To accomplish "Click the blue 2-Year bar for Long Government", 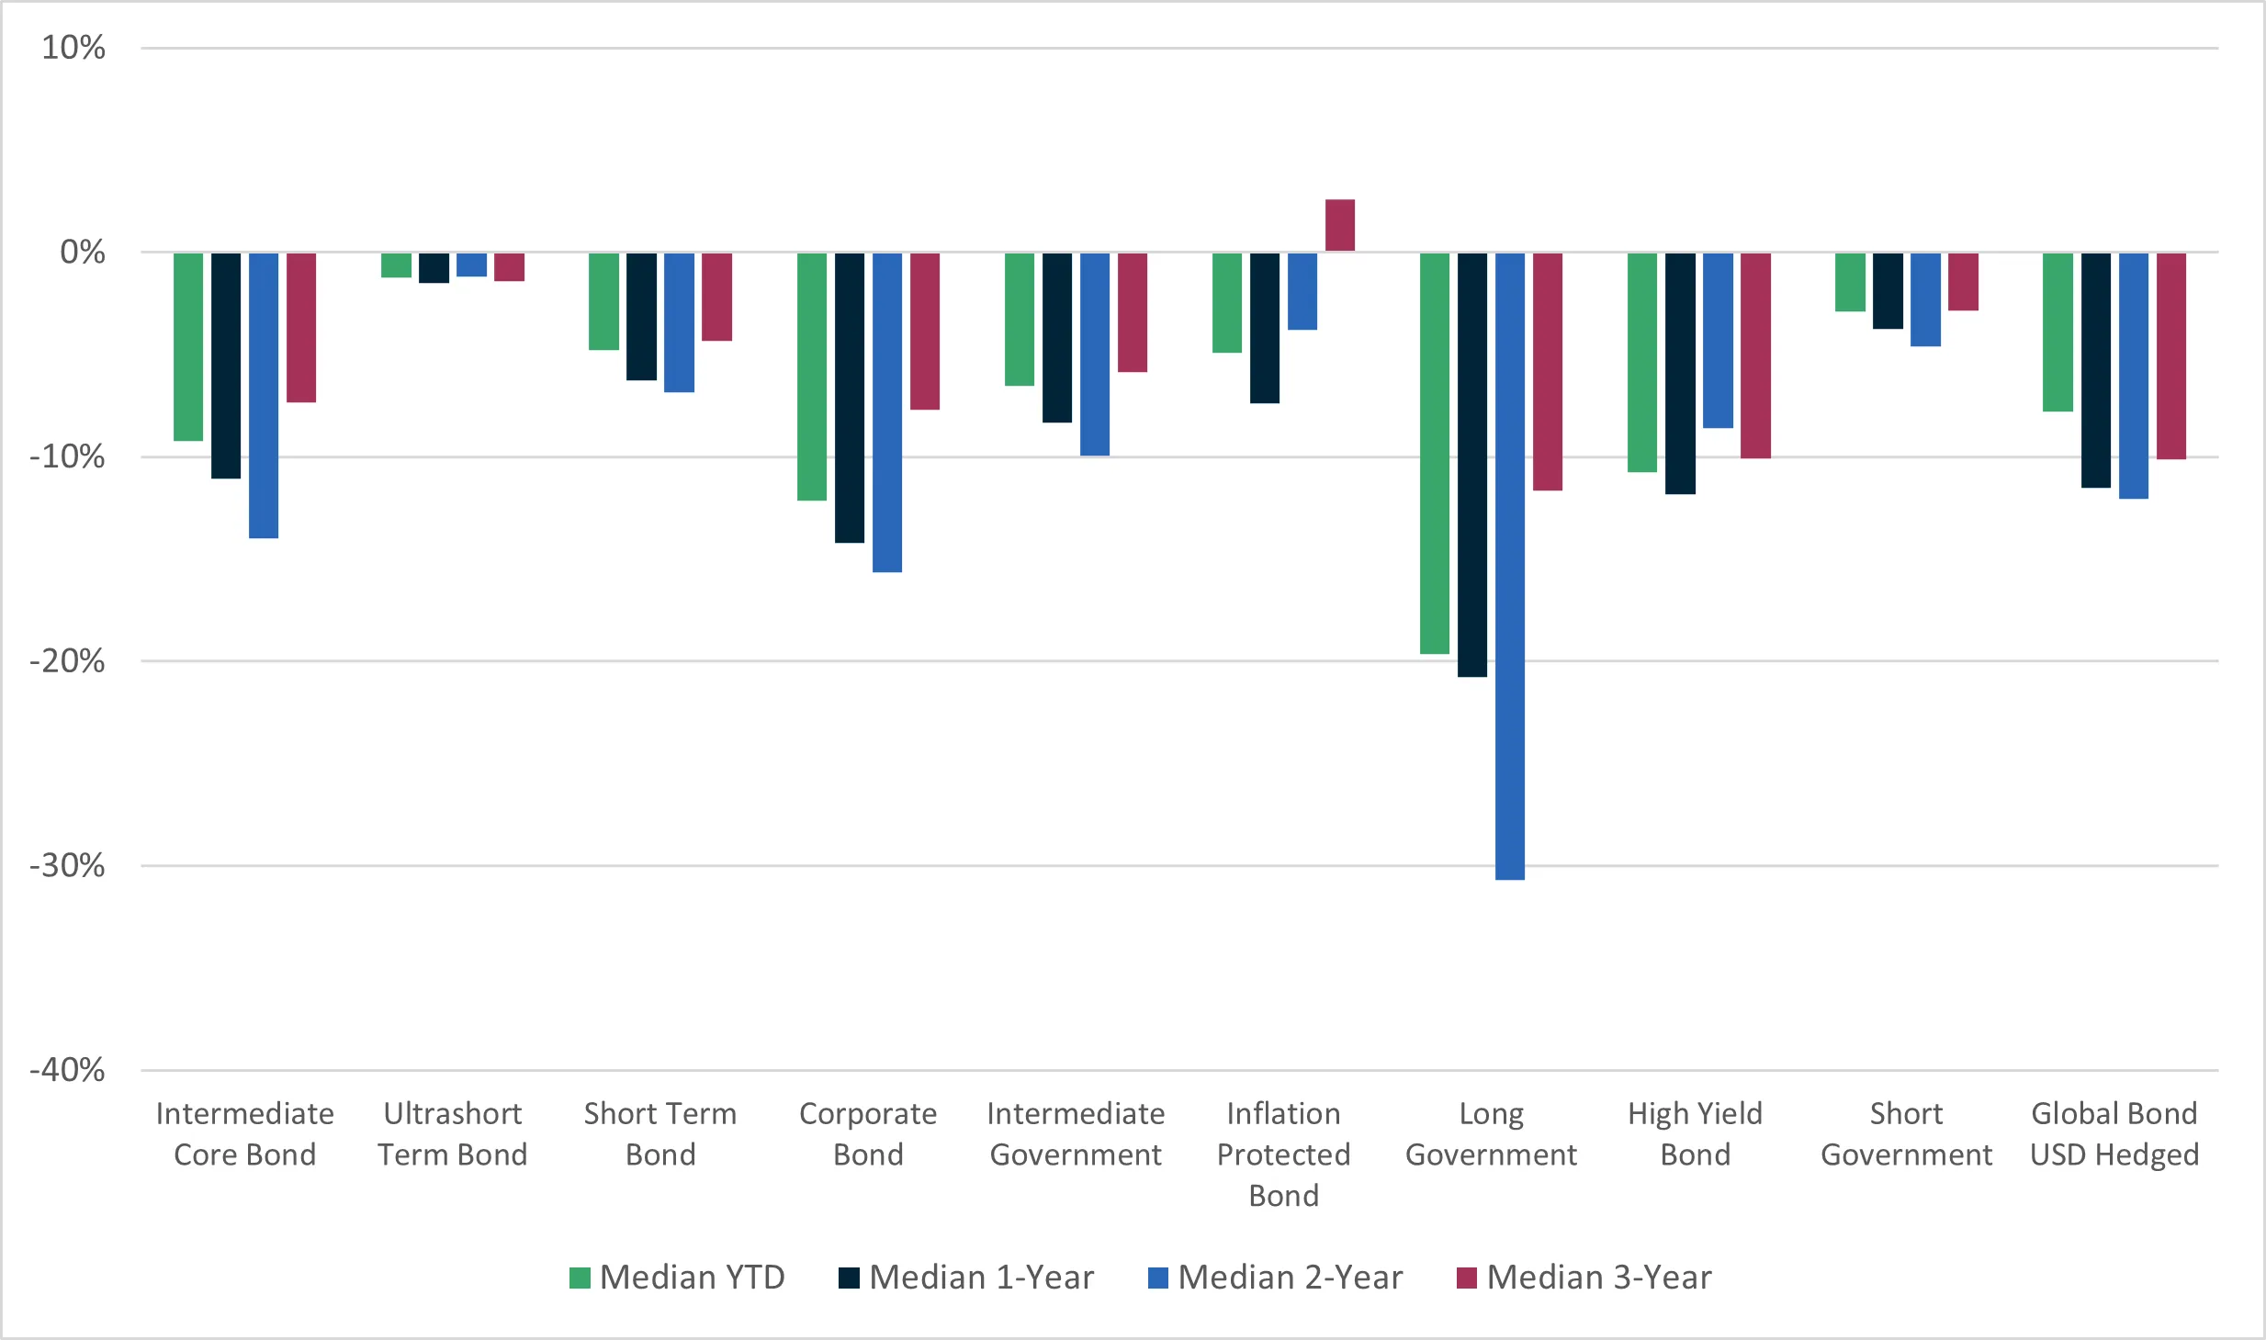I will pyautogui.click(x=1509, y=566).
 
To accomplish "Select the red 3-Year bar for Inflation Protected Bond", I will pyautogui.click(x=1339, y=225).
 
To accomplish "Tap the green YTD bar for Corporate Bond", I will pyautogui.click(x=811, y=377).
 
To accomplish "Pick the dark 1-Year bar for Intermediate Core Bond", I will pyautogui.click(x=226, y=366).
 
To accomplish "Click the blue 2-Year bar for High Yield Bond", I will pyautogui.click(x=1718, y=340).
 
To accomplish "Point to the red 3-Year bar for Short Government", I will pyautogui.click(x=1963, y=282).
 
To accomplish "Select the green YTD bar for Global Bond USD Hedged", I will pyautogui.click(x=2057, y=332).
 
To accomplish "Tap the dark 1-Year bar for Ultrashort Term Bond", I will pyautogui.click(x=434, y=267).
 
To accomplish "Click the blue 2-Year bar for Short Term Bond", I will pyautogui.click(x=679, y=322).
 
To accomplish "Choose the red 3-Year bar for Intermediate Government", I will pyautogui.click(x=1132, y=312).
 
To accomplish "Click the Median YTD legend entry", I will pyautogui.click(x=678, y=1278).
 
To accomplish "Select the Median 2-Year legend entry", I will pyautogui.click(x=1276, y=1278).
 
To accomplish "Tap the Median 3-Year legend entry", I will pyautogui.click(x=1584, y=1278).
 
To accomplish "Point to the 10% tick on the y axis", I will pyautogui.click(x=73, y=48).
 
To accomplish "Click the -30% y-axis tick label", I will pyautogui.click(x=67, y=865).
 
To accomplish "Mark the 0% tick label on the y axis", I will pyautogui.click(x=82, y=252).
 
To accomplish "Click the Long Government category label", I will pyautogui.click(x=1491, y=1134).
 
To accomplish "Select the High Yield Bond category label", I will pyautogui.click(x=1695, y=1134).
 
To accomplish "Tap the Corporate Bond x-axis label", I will pyautogui.click(x=868, y=1134).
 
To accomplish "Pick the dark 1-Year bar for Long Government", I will pyautogui.click(x=1471, y=465).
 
